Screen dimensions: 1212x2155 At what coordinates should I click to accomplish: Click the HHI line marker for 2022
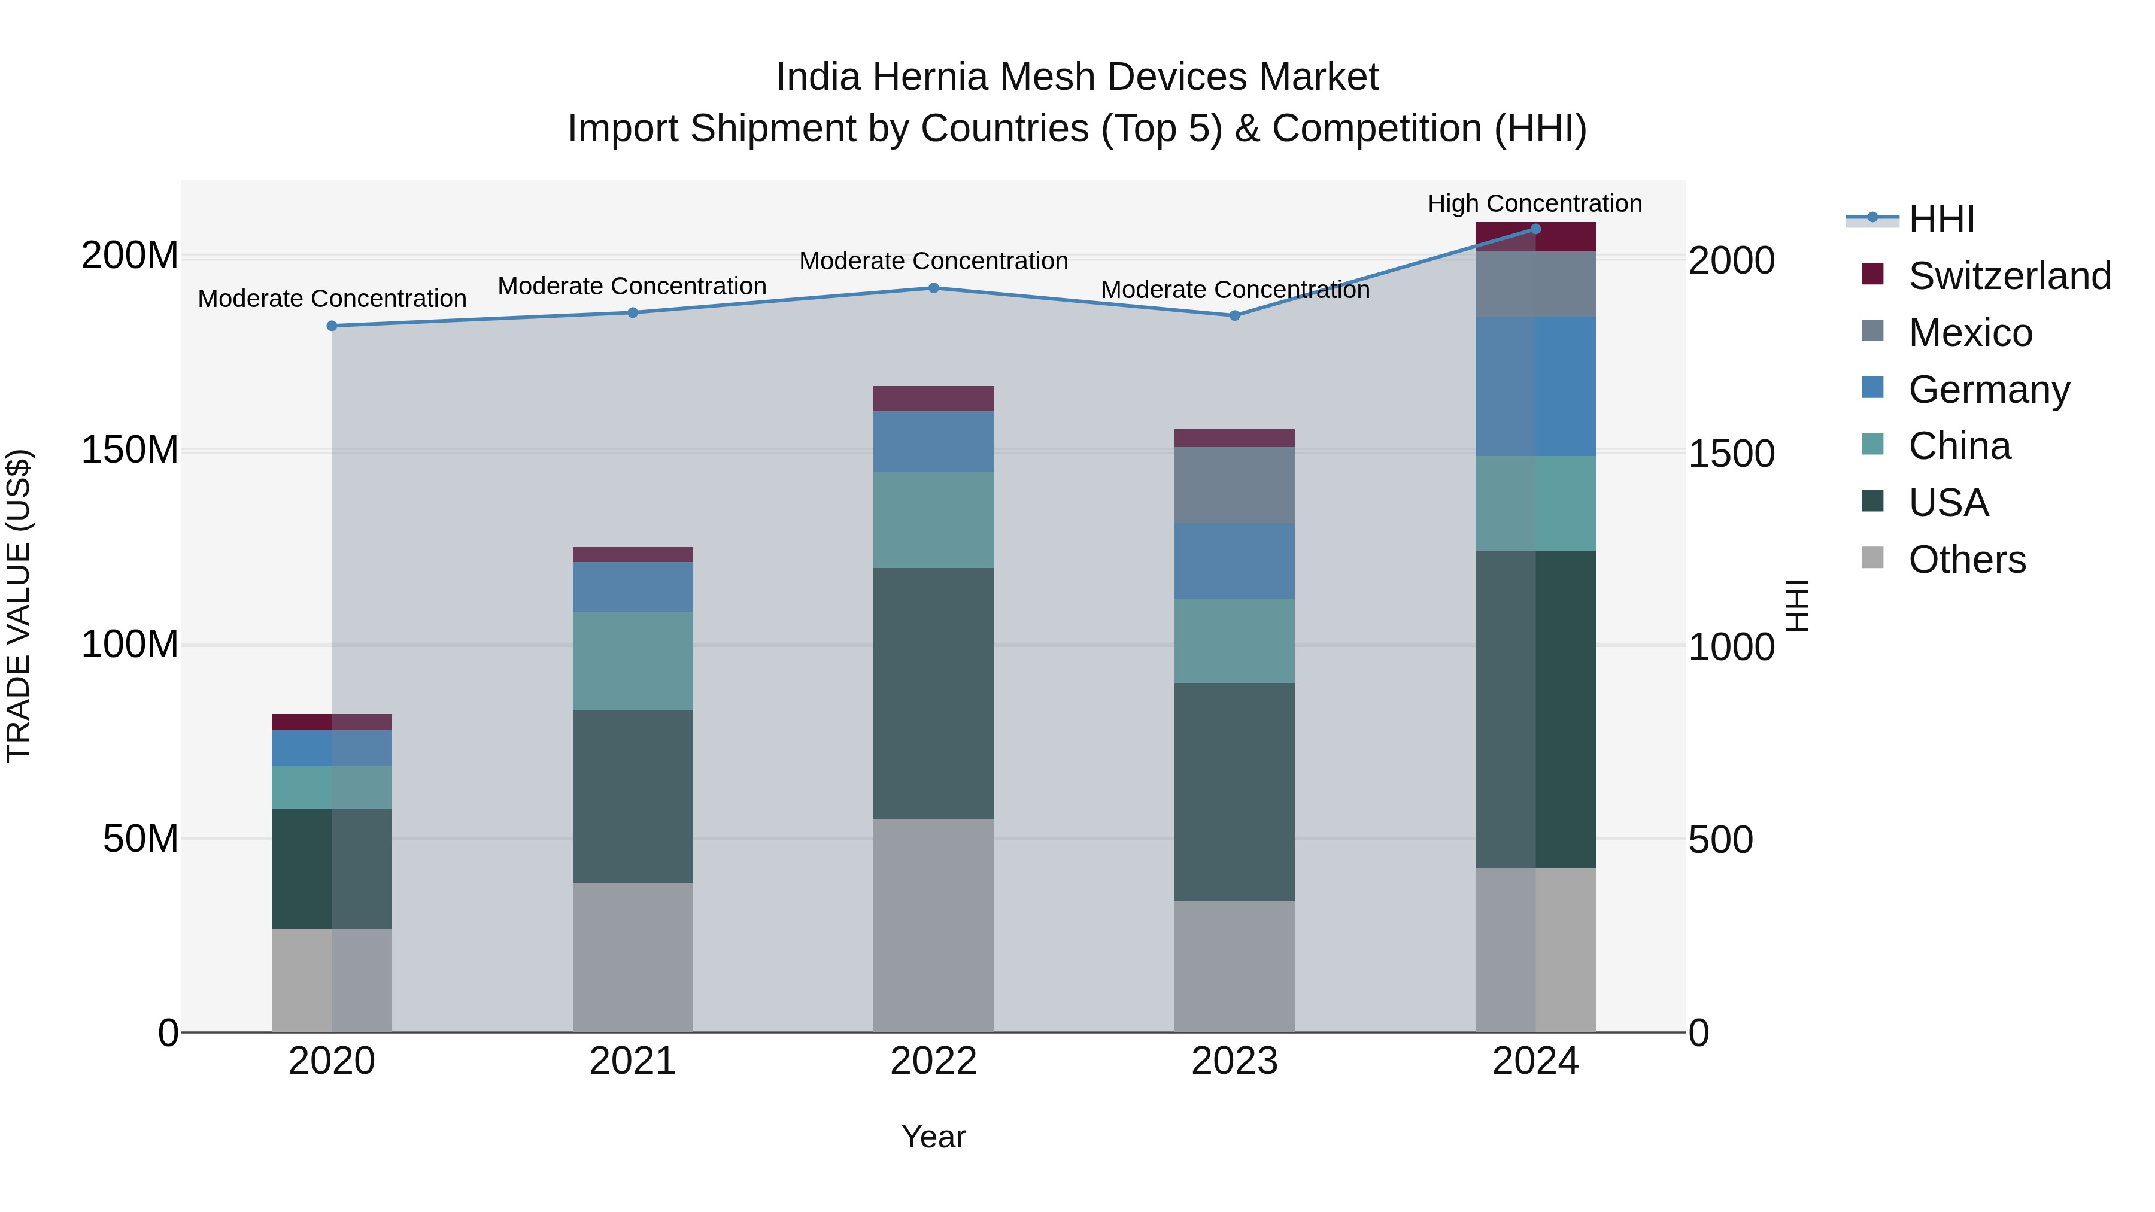(x=934, y=288)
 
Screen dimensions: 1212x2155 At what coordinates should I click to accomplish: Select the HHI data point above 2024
(x=1535, y=229)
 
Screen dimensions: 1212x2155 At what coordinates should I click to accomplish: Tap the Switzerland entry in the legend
(x=2008, y=276)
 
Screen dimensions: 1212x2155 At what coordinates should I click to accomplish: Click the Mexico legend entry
(x=1969, y=333)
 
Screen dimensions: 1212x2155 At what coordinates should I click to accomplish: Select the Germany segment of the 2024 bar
(x=1535, y=387)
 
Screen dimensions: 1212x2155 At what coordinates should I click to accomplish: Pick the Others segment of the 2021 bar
(x=633, y=957)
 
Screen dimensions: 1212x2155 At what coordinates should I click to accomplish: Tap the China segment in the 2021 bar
(x=633, y=661)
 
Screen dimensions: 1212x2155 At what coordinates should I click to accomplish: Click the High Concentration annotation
(x=1534, y=203)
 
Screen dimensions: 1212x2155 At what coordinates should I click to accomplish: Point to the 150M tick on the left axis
(x=130, y=450)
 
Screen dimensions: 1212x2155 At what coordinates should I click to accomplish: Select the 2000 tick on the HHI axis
(x=1731, y=260)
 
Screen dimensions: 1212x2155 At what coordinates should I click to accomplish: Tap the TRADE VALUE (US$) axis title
(x=19, y=606)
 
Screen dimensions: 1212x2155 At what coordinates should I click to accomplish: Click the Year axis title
(x=934, y=1137)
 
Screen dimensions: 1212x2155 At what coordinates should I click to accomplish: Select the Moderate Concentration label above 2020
(x=332, y=299)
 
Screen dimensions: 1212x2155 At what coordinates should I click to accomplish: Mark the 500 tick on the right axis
(x=1720, y=840)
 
